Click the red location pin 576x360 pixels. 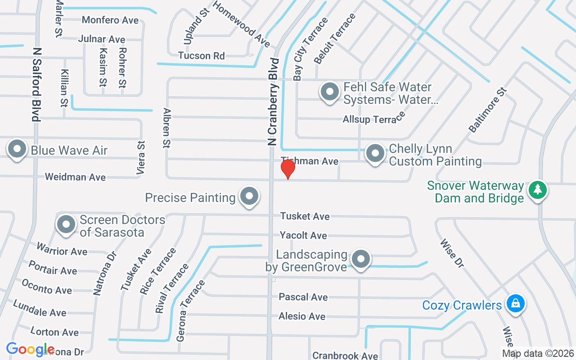point(288,169)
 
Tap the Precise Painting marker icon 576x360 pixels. point(249,196)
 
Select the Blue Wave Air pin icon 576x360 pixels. point(17,149)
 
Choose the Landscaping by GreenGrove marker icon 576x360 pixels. point(360,260)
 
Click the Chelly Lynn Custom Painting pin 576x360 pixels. point(375,154)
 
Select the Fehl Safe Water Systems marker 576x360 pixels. point(329,92)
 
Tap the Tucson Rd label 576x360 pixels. point(201,56)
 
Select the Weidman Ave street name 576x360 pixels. point(75,177)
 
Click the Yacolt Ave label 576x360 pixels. point(303,235)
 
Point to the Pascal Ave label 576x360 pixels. point(303,297)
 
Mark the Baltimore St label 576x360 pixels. point(488,110)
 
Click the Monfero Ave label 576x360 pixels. point(110,20)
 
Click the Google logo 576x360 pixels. point(30,349)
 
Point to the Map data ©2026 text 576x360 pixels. point(538,354)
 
